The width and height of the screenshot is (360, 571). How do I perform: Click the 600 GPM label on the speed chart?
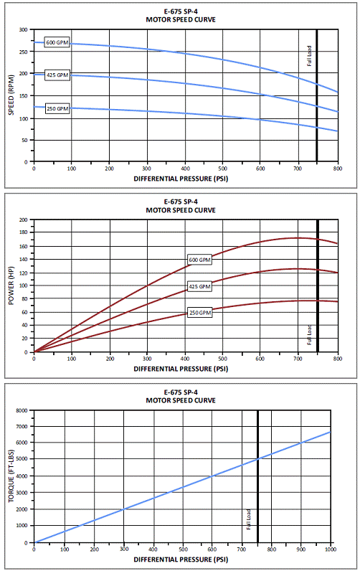tap(57, 42)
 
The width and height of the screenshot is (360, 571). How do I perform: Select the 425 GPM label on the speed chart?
tap(57, 75)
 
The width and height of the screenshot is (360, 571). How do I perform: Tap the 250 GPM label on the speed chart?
tap(57, 108)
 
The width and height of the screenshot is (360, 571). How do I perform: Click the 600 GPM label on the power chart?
tap(200, 260)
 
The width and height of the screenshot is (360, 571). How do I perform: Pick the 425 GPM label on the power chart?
tap(200, 287)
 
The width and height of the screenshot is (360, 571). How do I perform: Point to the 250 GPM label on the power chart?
tap(200, 313)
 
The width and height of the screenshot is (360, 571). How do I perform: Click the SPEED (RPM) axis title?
tap(11, 95)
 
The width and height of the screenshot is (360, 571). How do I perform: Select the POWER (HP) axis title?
tap(11, 285)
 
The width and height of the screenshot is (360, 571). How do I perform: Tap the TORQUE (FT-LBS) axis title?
tap(11, 476)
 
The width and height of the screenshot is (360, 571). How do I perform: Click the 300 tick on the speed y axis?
tap(23, 29)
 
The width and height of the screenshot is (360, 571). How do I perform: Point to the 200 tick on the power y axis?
tap(23, 220)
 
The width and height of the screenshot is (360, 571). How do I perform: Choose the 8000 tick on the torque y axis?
tap(22, 410)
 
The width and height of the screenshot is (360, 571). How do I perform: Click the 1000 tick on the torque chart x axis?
tap(331, 549)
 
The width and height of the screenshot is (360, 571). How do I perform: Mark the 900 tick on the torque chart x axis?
tap(301, 549)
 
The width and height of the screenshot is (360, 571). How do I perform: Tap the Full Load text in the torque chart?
tap(249, 519)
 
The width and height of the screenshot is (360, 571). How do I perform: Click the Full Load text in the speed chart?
tap(309, 56)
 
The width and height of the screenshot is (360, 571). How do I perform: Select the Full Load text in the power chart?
tap(309, 335)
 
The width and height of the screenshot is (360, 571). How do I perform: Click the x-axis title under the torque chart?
tap(181, 560)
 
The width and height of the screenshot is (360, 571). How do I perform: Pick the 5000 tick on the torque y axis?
tap(22, 459)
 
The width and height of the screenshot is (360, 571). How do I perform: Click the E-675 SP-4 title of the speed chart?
tap(181, 11)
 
